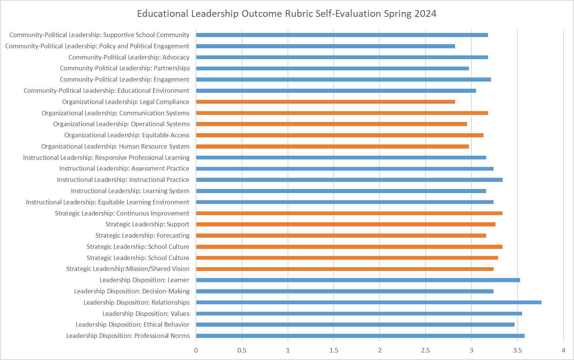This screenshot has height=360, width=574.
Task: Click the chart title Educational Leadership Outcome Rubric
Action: click(x=286, y=14)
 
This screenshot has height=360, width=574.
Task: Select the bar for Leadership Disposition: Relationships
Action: click(x=368, y=302)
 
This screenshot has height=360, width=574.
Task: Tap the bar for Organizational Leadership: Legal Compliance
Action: click(x=325, y=102)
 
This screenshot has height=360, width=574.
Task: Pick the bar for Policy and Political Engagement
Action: click(x=325, y=46)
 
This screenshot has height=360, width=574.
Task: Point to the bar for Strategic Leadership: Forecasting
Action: click(x=341, y=235)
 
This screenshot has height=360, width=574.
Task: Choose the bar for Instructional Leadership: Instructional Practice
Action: click(x=349, y=180)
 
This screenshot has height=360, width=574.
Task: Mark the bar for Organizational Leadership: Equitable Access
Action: click(x=340, y=135)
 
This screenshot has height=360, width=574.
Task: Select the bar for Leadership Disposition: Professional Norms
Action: click(x=360, y=336)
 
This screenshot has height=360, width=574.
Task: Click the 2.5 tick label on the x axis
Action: click(x=426, y=351)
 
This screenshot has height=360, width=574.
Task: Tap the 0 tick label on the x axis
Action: click(x=196, y=351)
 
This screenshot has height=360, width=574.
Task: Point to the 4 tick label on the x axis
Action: click(x=563, y=351)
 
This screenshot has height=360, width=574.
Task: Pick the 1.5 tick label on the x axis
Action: click(x=334, y=351)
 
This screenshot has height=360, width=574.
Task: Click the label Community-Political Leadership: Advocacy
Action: click(x=129, y=57)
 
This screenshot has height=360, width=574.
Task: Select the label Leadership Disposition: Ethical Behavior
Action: click(x=132, y=324)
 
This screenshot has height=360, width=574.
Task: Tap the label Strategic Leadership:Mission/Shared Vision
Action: click(x=128, y=269)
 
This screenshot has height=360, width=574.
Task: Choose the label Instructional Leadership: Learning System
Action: click(x=130, y=191)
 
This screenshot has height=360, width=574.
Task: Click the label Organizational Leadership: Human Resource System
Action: click(x=115, y=146)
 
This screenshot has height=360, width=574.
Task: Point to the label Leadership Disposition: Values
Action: click(x=146, y=314)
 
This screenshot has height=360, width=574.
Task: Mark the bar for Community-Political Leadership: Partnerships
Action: click(x=332, y=68)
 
